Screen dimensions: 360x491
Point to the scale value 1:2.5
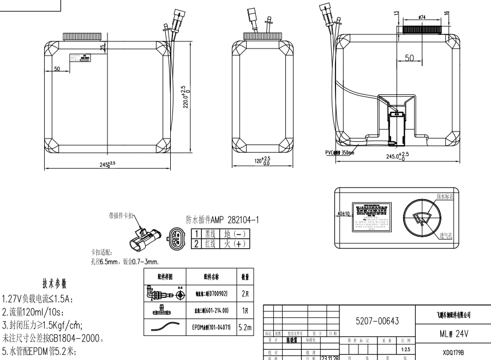point(405,349)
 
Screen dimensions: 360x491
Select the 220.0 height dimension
point(186,97)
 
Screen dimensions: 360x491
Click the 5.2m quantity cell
point(245,327)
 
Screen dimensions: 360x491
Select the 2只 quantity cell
point(245,293)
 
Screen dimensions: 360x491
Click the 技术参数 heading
point(55,284)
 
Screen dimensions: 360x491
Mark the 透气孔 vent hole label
point(447,236)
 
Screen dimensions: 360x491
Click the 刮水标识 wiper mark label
point(445,195)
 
